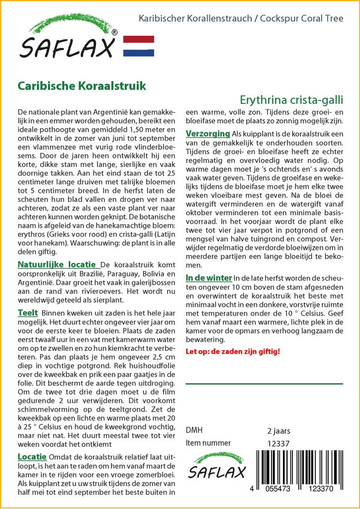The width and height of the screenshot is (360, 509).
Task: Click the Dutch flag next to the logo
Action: pos(138,46)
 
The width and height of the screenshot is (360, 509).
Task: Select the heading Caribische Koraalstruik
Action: pos(82,85)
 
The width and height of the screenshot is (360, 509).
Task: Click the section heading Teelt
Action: pos(27,314)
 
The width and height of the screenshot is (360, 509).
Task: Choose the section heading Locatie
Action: pos(32,457)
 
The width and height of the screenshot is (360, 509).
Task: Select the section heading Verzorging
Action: pos(207,134)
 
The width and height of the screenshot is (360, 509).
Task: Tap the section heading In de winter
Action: pos(209,277)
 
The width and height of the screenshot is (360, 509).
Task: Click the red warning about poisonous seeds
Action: pos(233,351)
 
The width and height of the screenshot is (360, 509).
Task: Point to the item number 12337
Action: pos(278,443)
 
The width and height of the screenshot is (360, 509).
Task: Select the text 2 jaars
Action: pos(278,430)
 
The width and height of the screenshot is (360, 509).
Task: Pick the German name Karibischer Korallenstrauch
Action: pos(192,18)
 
